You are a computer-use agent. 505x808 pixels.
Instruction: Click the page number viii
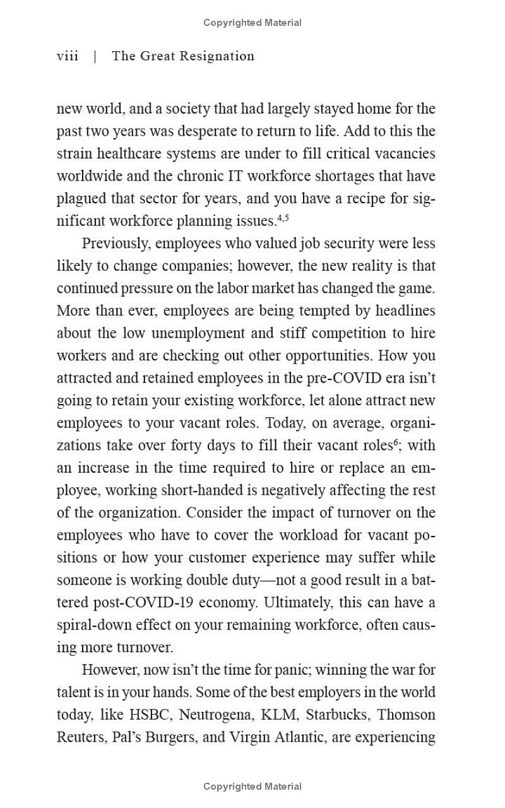(68, 56)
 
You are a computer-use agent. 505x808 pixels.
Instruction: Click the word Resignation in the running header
(217, 56)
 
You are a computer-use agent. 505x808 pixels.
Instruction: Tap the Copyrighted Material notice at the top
(252, 23)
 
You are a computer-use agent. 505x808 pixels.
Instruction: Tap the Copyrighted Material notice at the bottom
(252, 787)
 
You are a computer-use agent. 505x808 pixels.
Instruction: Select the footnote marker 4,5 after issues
(283, 218)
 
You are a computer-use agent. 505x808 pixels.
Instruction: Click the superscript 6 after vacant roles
(396, 443)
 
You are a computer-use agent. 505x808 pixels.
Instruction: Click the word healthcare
(118, 154)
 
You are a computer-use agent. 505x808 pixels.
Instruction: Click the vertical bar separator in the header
(95, 56)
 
